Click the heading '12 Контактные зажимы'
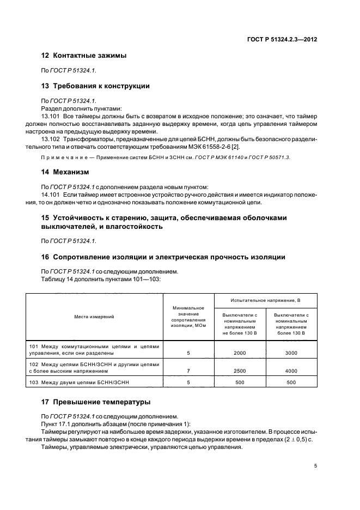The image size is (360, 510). [84, 56]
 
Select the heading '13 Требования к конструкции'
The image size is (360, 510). [96, 86]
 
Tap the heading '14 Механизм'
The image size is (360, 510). [64, 172]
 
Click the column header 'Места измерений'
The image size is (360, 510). [95, 316]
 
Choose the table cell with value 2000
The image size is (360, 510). [240, 353]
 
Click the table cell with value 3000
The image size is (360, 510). [291, 353]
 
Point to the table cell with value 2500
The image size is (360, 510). [240, 371]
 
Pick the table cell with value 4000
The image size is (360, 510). [291, 371]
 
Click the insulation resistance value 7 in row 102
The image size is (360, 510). [188, 371]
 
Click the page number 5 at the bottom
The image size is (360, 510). [315, 466]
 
